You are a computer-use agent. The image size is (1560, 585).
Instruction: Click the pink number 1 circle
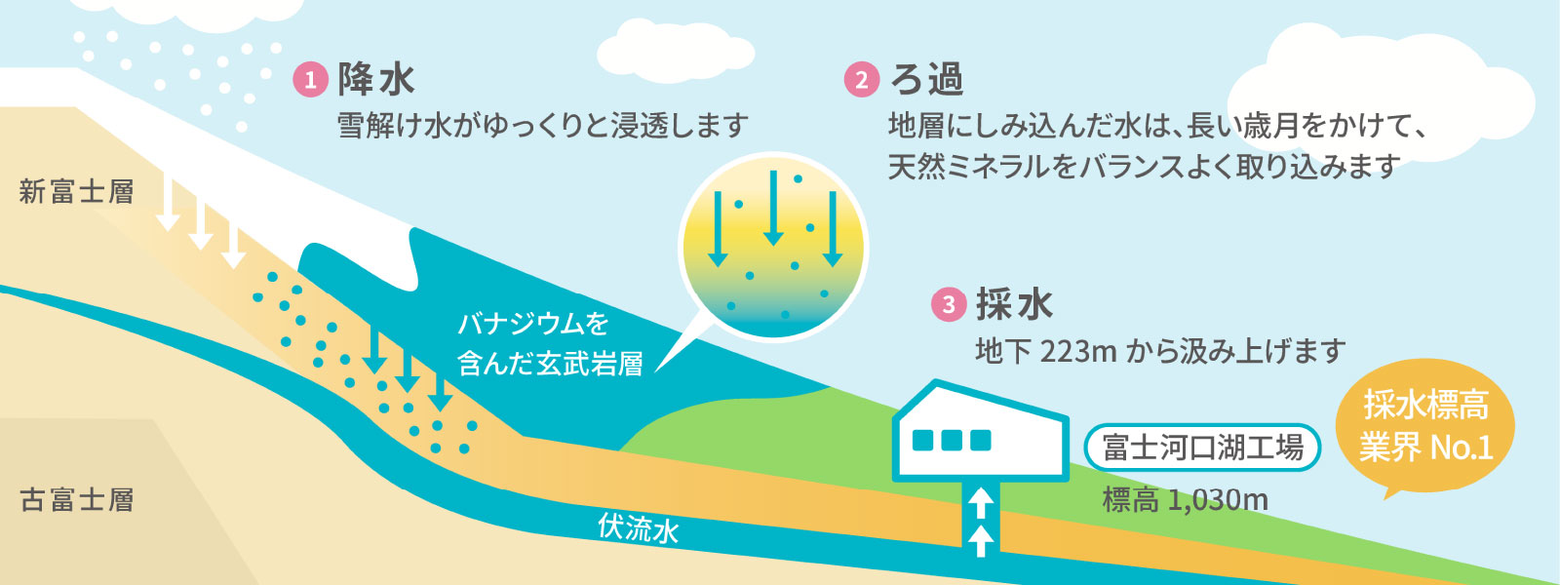pos(310,80)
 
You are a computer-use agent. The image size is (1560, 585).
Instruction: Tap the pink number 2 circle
pos(861,80)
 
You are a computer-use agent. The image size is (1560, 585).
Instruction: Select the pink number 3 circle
pos(949,305)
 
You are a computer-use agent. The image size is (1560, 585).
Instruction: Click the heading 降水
pos(376,80)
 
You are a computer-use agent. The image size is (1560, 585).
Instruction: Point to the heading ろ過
pos(926,80)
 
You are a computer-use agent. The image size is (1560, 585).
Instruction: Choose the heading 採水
pos(1014,305)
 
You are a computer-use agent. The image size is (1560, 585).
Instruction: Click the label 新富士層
pos(77,191)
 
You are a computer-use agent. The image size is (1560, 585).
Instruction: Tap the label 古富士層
pos(77,500)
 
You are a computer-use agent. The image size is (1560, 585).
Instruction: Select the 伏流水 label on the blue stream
pos(639,528)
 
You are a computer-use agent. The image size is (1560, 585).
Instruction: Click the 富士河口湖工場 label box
pos(1202,448)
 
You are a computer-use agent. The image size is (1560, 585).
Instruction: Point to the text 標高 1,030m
pos(1185,500)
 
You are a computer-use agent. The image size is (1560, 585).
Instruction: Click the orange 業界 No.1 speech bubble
pos(1425,429)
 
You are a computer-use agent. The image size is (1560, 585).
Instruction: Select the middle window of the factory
pos(952,441)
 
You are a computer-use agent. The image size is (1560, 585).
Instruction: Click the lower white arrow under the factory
pos(981,539)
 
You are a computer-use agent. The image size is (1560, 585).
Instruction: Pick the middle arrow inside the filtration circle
pos(773,208)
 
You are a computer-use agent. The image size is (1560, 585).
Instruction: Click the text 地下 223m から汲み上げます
pos(1160,351)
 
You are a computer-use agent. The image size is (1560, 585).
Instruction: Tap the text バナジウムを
pos(533,324)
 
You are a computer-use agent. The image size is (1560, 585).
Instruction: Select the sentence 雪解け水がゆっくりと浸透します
pos(542,126)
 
